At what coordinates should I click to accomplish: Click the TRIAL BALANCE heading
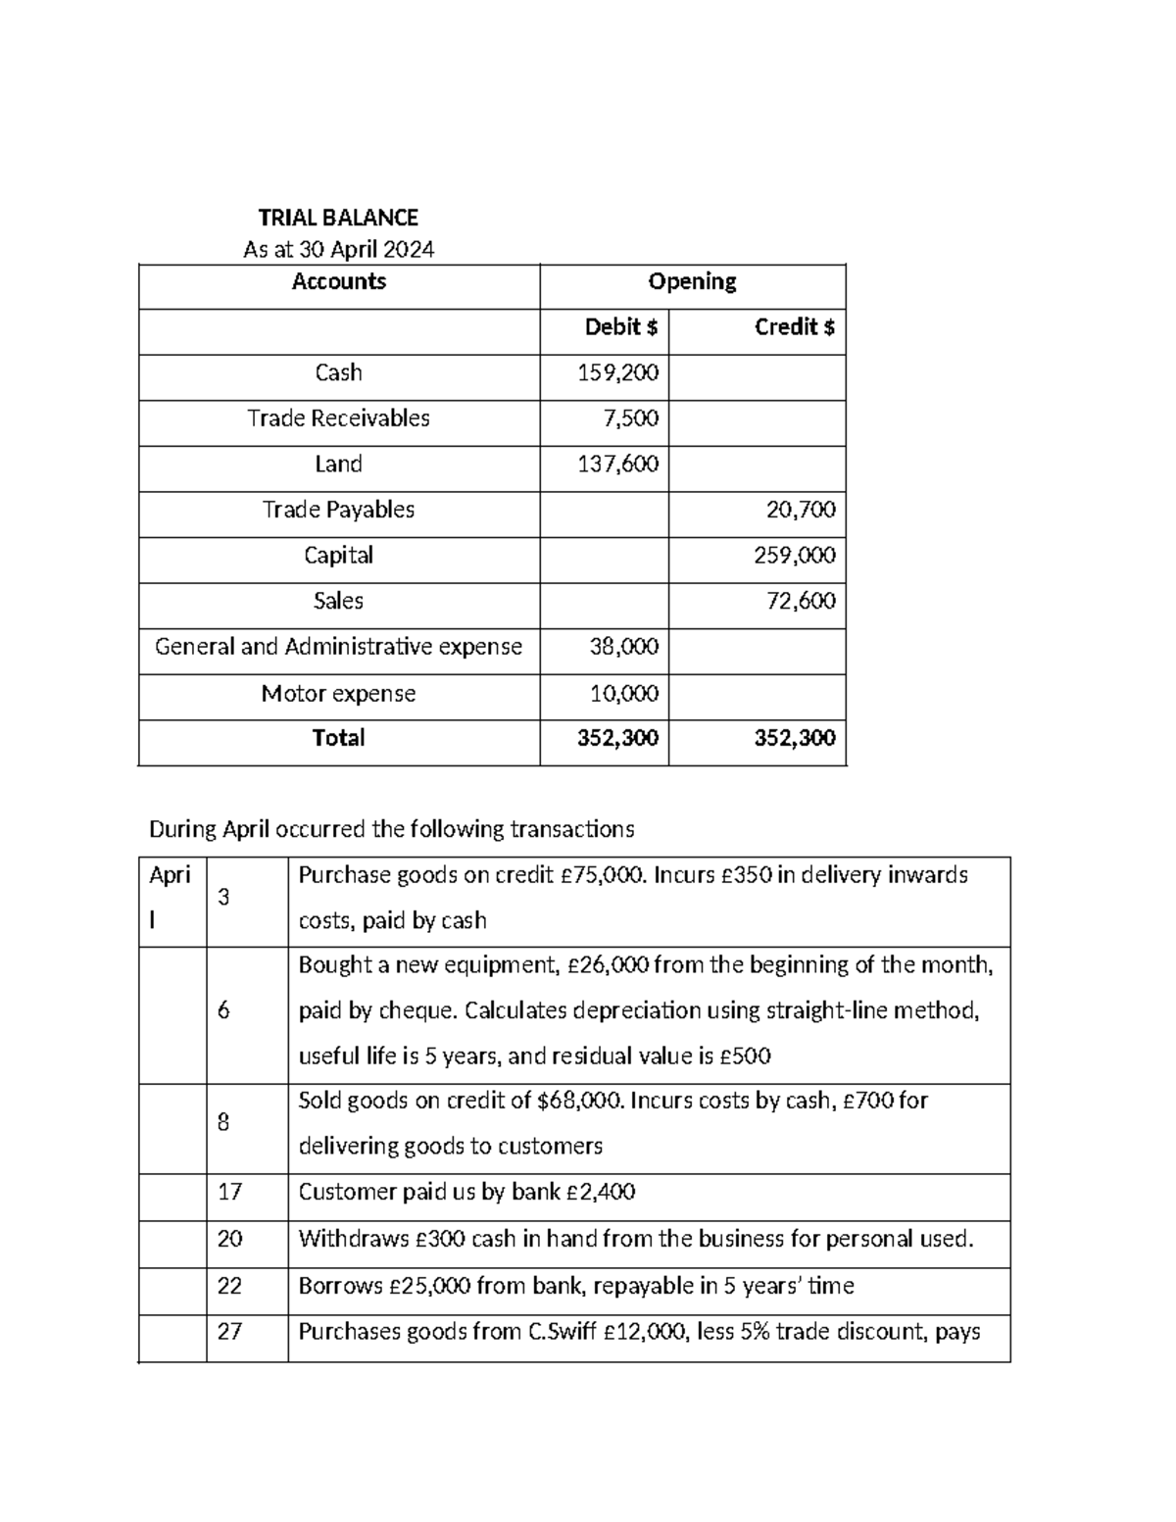(x=338, y=218)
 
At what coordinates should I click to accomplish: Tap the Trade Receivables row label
(x=338, y=418)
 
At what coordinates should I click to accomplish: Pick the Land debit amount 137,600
(x=618, y=464)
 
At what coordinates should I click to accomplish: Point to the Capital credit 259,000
(x=795, y=556)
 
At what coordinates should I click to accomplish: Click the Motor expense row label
(x=338, y=694)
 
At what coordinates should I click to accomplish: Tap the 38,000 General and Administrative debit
(x=623, y=647)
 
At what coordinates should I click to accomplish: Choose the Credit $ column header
(x=794, y=327)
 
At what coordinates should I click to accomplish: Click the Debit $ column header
(x=620, y=327)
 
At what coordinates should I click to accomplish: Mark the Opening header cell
(x=692, y=282)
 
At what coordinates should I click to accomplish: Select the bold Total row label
(x=338, y=738)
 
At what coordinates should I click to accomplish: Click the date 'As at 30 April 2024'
(x=338, y=250)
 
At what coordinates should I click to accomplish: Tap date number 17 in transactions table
(x=229, y=1193)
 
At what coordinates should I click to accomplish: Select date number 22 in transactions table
(x=229, y=1286)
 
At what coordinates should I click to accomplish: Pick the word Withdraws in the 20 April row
(x=353, y=1239)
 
